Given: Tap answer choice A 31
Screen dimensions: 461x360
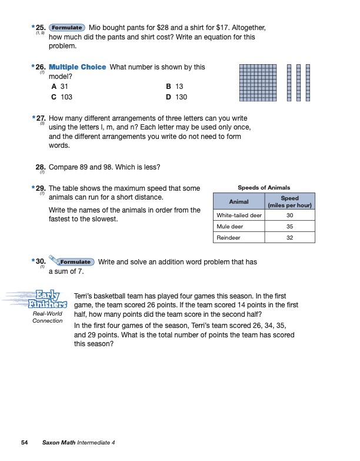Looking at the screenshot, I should [x=60, y=86].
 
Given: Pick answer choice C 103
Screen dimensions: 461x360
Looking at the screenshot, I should [x=62, y=97].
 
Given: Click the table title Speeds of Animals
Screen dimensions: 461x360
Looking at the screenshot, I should [x=264, y=188].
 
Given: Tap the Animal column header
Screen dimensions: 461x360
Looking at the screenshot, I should [x=238, y=201].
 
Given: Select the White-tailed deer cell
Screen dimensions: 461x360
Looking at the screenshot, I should [x=239, y=216].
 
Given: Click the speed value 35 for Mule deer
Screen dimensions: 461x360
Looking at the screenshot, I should [x=289, y=227].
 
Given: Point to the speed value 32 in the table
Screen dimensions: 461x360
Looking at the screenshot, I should [x=289, y=238].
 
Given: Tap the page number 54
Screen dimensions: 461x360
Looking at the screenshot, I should [x=25, y=442].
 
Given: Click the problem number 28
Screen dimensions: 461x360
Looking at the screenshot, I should [x=40, y=167].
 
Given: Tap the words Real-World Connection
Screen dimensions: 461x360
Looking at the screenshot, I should [x=48, y=317].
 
